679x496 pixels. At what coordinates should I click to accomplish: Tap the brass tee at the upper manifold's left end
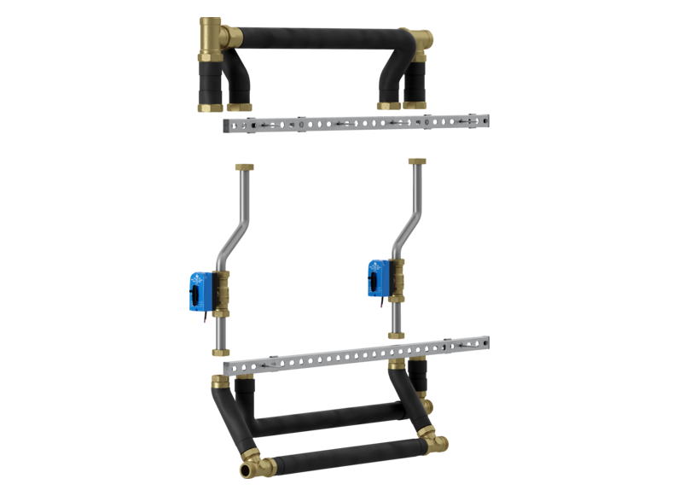[x=210, y=36]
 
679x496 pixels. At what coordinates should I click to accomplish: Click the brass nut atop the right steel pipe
[x=418, y=160]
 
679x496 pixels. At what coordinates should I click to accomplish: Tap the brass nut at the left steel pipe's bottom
[x=220, y=351]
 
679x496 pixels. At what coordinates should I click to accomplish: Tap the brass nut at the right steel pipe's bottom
[x=396, y=333]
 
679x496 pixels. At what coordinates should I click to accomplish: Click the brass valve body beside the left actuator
[x=222, y=290]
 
